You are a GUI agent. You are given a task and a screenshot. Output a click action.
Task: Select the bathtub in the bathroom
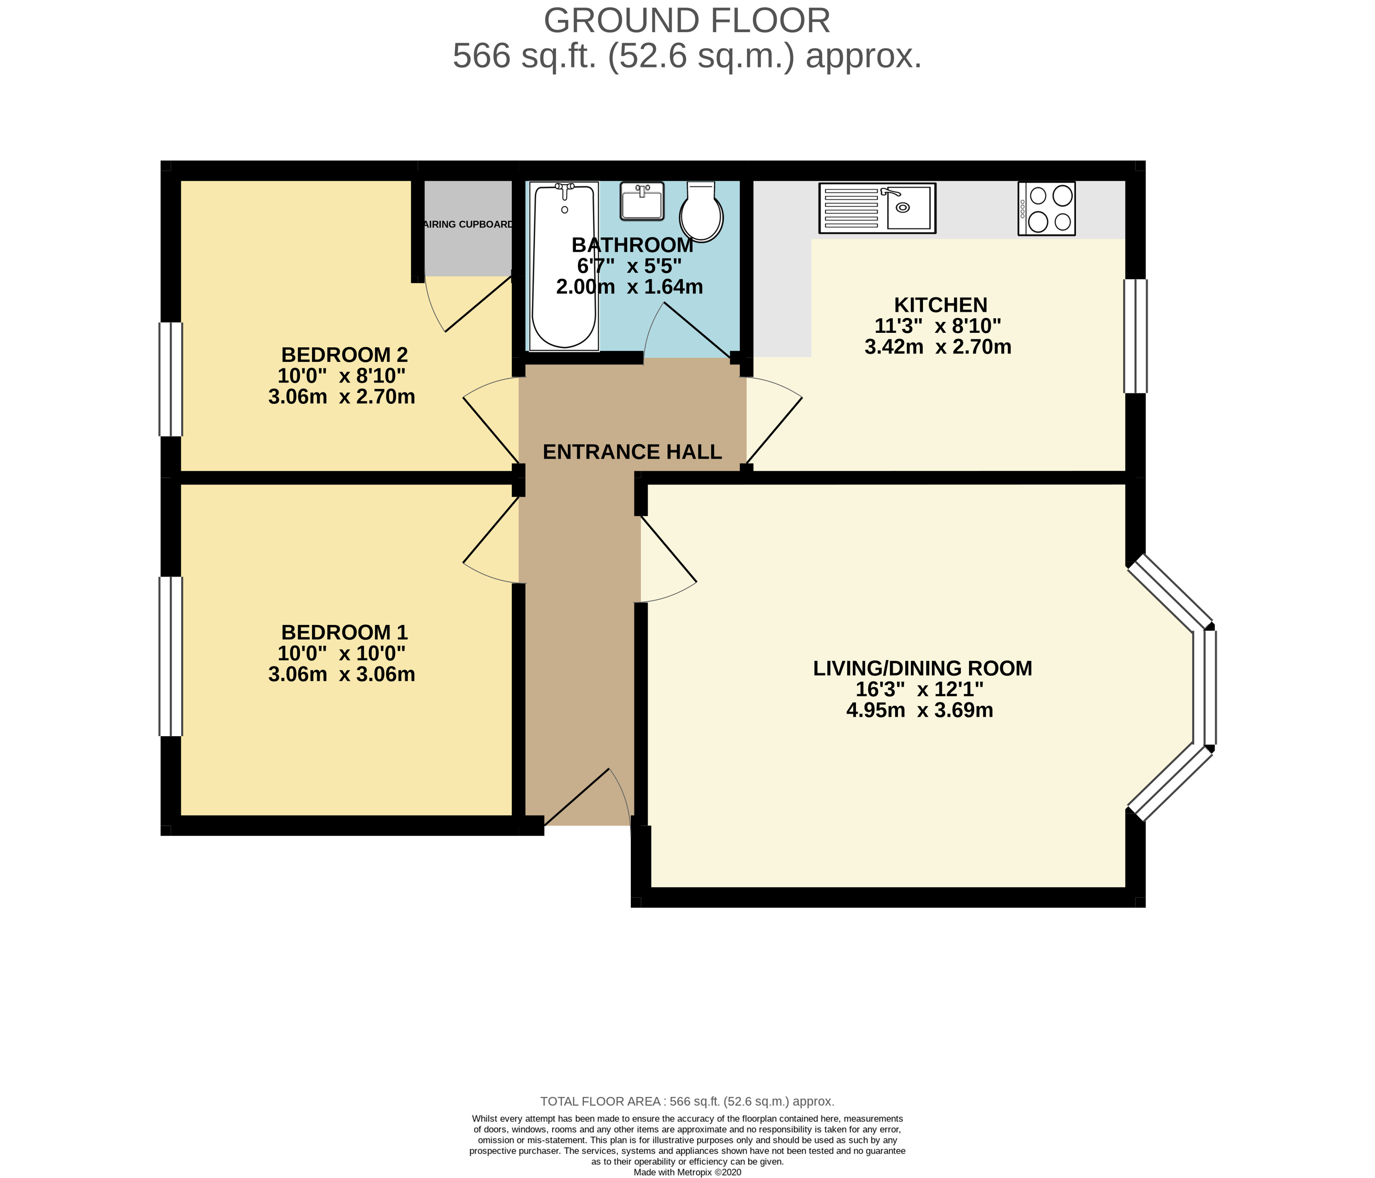564,265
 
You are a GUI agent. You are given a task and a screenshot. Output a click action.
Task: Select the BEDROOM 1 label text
344,632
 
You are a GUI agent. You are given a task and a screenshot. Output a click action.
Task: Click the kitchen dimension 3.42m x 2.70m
938,347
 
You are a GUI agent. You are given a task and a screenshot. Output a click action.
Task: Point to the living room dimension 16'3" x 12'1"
919,689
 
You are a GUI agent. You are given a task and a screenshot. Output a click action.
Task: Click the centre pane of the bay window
1210,687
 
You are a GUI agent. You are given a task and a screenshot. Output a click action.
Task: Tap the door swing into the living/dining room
667,561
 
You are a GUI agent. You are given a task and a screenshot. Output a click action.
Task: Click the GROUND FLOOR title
687,21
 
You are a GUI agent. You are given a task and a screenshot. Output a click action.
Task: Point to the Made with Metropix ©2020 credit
687,1172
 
